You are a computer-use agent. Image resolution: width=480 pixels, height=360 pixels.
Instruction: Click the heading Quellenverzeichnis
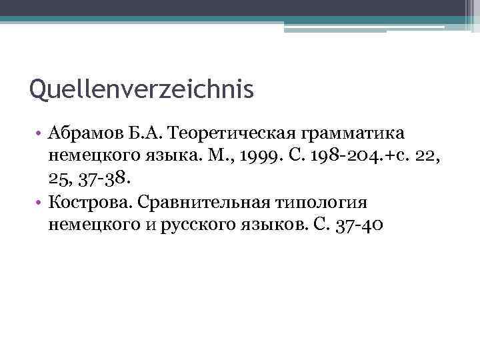(x=142, y=89)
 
